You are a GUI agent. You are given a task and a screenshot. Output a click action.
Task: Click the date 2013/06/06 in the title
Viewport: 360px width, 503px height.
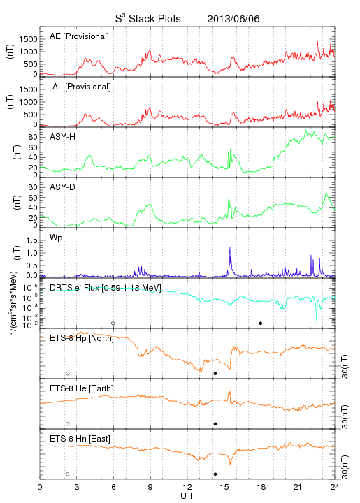tap(233, 19)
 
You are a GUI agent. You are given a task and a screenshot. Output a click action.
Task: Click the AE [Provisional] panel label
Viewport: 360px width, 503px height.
tap(79, 36)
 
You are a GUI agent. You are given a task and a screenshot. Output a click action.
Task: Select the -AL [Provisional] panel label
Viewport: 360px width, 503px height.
tap(80, 87)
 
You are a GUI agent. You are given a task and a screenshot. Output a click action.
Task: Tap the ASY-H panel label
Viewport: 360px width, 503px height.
tap(63, 137)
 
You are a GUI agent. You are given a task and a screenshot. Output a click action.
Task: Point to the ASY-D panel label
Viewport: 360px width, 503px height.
tap(63, 187)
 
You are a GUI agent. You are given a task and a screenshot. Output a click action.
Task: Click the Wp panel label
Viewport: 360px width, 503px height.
tap(56, 238)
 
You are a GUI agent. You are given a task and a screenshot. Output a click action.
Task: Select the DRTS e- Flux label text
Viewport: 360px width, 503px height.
tap(106, 288)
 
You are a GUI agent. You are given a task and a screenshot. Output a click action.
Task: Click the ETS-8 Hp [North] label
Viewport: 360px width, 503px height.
tap(82, 338)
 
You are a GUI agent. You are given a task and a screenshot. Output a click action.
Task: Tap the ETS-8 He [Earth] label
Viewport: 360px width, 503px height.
tap(82, 388)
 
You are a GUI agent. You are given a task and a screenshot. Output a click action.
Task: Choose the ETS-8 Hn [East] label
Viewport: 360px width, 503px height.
tap(80, 439)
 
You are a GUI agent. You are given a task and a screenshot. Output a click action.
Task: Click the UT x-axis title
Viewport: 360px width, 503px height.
tap(187, 496)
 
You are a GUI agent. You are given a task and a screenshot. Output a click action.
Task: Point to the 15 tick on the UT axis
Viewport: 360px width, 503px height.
tap(224, 487)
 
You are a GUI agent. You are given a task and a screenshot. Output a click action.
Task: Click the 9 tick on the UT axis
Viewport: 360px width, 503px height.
tap(150, 487)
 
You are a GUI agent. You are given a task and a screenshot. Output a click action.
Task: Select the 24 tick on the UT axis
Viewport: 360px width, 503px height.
tap(335, 487)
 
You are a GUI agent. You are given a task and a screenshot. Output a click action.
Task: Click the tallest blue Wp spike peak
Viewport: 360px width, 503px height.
tap(230, 247)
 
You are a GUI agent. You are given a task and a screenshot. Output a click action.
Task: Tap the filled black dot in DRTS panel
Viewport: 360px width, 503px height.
tap(261, 323)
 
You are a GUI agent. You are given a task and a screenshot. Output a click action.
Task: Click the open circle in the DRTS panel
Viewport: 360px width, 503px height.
tap(113, 323)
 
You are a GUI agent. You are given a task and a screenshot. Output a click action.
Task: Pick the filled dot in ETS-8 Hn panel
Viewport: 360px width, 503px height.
tap(215, 474)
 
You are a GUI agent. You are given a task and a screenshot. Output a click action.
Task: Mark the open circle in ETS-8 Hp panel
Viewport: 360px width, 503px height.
tap(68, 374)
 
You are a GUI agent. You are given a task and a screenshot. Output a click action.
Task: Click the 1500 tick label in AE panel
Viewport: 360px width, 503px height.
tap(28, 39)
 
